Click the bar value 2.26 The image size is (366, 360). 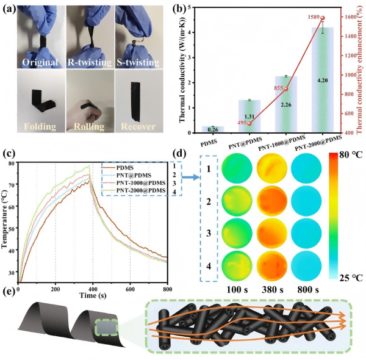pyautogui.click(x=282, y=104)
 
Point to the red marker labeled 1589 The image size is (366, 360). pyautogui.click(x=339, y=18)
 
